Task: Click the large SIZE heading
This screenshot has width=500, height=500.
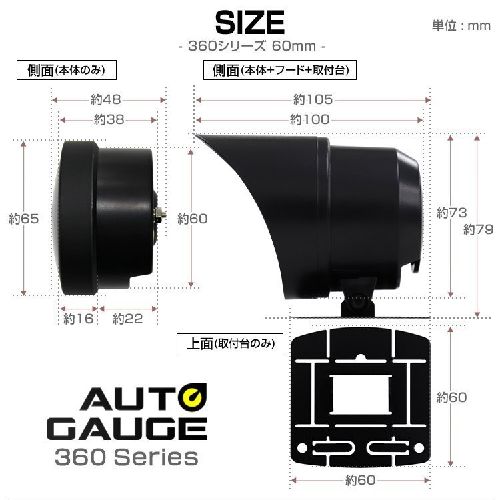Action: (x=250, y=23)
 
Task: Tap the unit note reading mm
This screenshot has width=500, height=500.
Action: (x=461, y=26)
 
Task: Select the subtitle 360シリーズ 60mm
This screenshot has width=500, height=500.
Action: (x=250, y=48)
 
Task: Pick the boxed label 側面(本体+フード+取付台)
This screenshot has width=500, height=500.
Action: (x=279, y=69)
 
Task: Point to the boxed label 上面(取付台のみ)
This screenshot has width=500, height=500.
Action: (x=230, y=343)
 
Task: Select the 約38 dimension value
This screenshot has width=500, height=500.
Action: (x=109, y=119)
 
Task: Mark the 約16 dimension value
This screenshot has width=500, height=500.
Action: (x=78, y=319)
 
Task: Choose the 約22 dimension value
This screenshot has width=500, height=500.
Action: (x=127, y=319)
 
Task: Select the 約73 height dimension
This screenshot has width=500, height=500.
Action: (x=451, y=213)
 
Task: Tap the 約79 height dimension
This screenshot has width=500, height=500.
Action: (x=478, y=229)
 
